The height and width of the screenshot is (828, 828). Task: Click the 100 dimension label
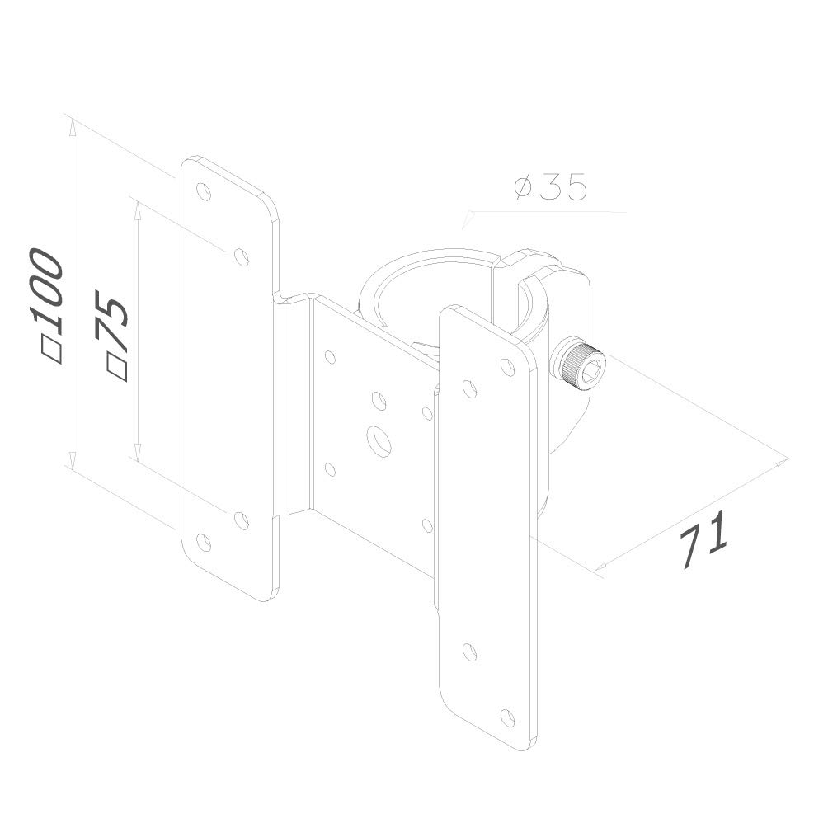tap(47, 292)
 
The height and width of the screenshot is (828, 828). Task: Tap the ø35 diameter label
tap(550, 188)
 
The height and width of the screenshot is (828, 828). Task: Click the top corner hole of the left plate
tap(204, 191)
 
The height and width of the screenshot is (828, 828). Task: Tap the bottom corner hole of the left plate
tap(204, 543)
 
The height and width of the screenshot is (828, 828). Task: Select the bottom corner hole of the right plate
tap(507, 717)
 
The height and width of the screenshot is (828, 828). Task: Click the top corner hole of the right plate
tap(507, 366)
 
